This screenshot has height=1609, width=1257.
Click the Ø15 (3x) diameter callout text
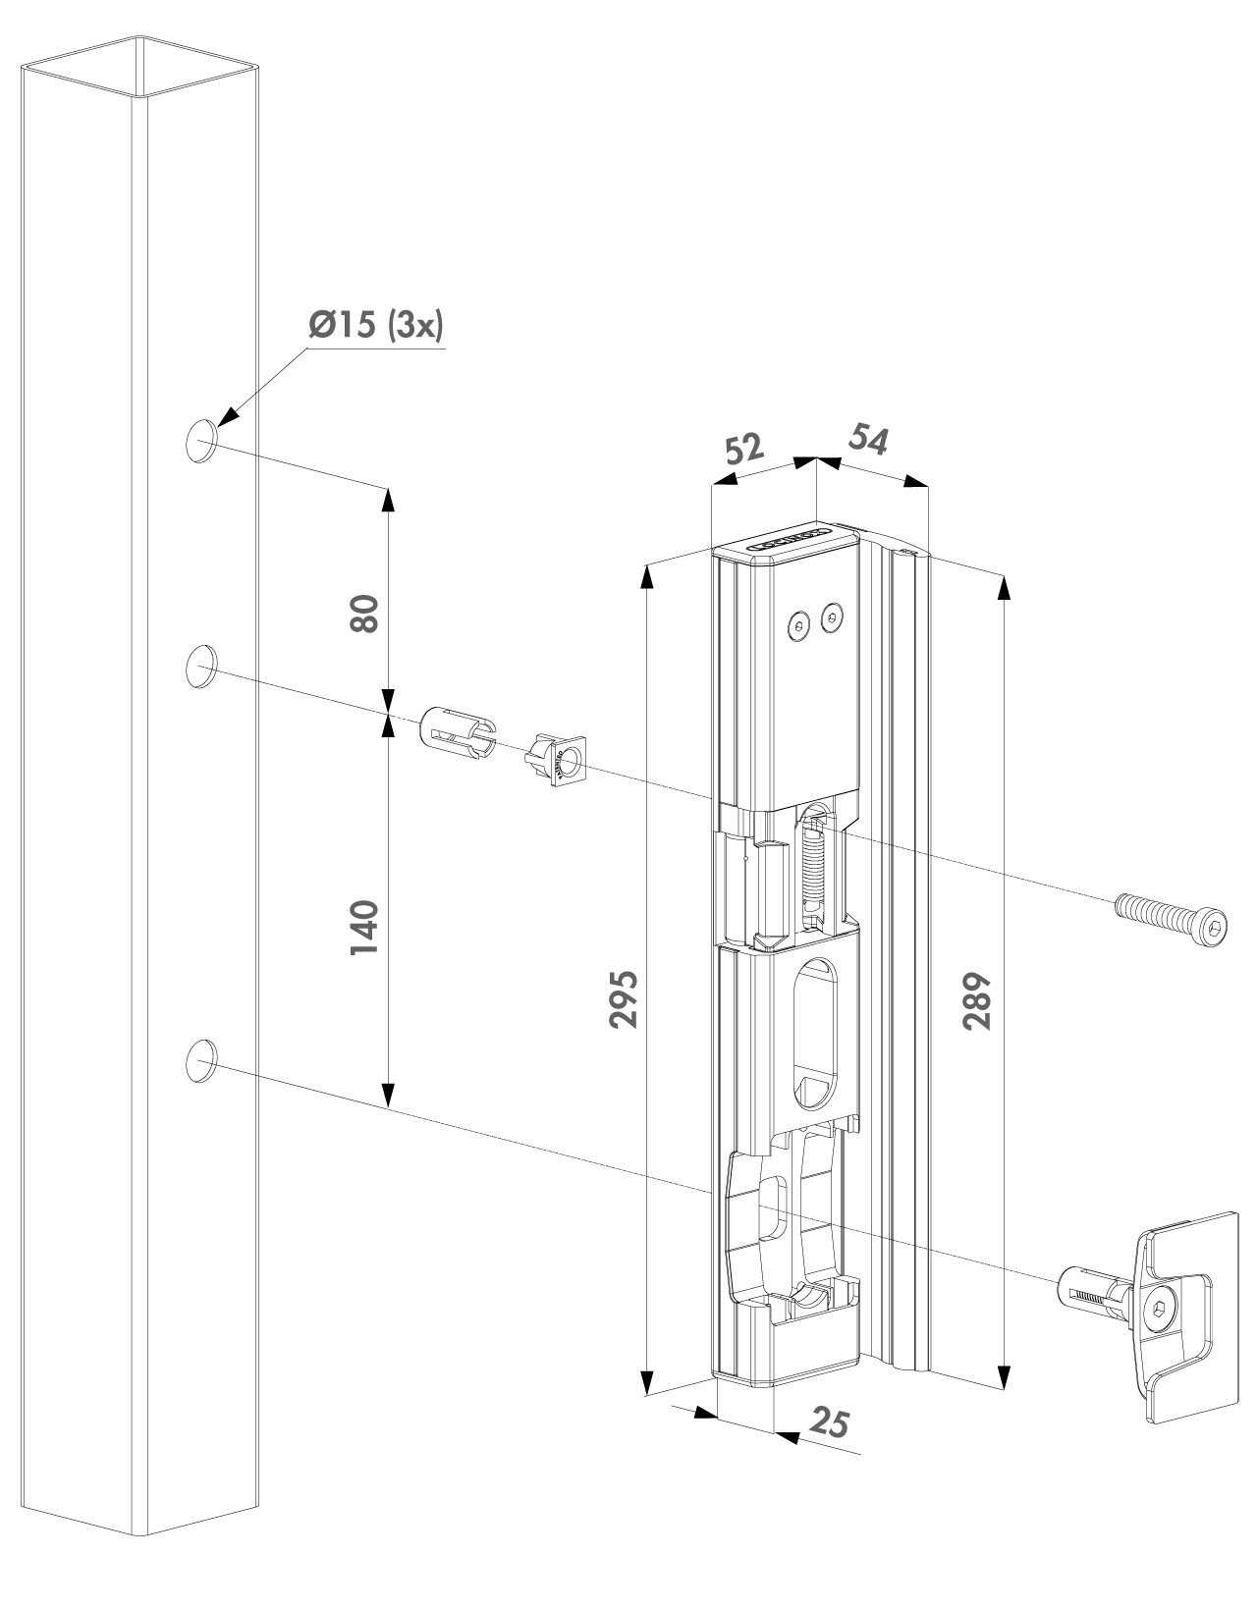tap(376, 328)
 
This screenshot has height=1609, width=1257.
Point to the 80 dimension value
tap(363, 615)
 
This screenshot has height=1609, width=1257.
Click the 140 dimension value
tap(362, 926)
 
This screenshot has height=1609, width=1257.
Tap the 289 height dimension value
tap(975, 1000)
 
